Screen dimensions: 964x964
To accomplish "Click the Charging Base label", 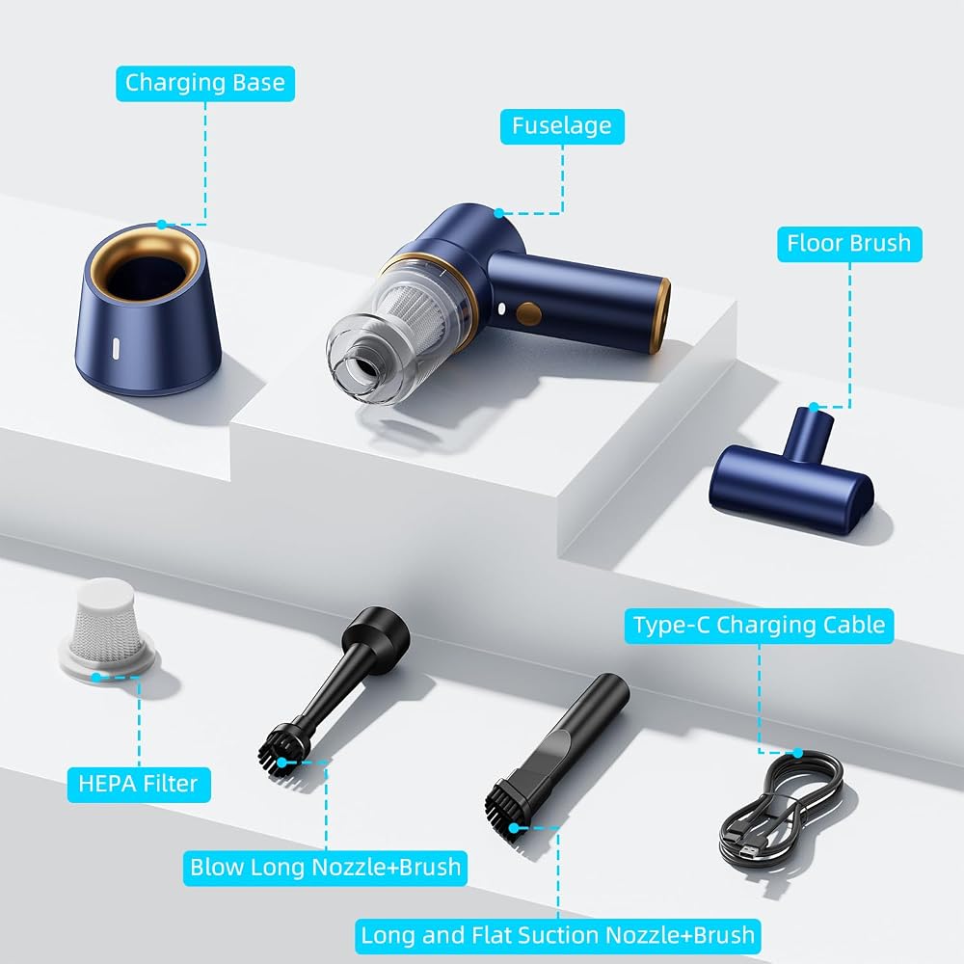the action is (205, 83).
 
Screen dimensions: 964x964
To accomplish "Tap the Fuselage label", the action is (562, 126).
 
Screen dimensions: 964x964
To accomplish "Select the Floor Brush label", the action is (849, 244).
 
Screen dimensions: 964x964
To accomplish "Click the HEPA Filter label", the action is (138, 784).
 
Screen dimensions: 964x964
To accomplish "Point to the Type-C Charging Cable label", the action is (759, 626).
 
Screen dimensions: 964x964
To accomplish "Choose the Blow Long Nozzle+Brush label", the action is (325, 868).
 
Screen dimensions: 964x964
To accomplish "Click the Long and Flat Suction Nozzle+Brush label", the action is (557, 936).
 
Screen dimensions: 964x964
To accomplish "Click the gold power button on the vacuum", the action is (528, 313).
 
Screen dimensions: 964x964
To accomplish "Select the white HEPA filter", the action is (106, 628).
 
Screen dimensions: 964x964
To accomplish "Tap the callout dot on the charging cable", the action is (797, 753).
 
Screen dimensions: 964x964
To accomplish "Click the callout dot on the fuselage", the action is (499, 213).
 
